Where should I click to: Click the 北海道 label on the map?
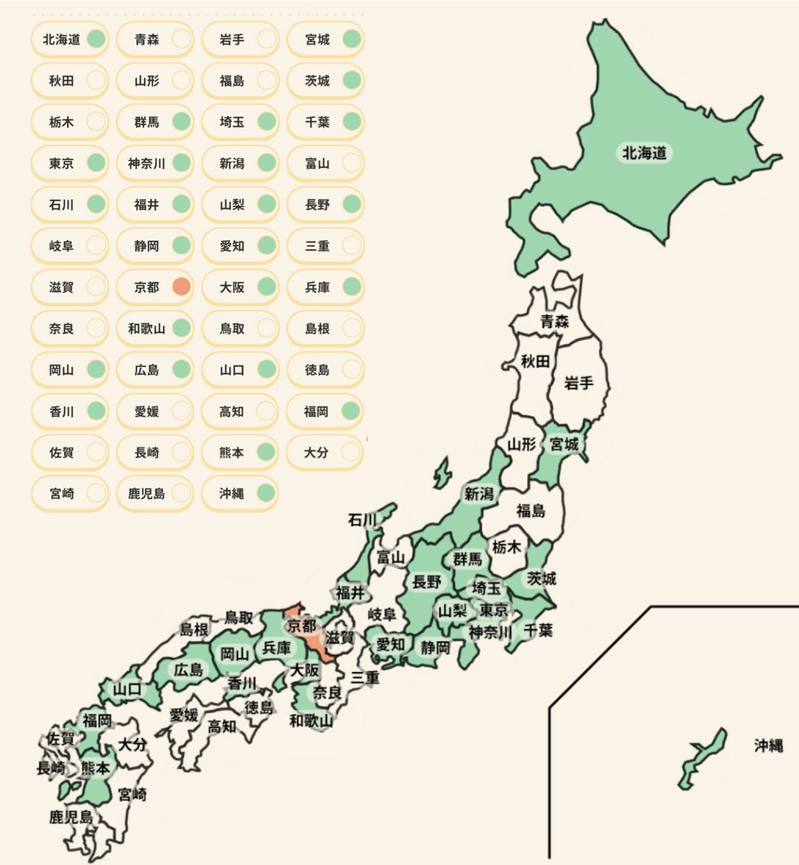coord(644,153)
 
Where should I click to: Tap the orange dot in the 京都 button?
coord(181,287)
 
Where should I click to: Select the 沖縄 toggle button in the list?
coord(239,494)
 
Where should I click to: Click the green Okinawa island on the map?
coord(702,757)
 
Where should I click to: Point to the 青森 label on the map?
coord(555,321)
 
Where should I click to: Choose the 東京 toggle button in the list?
coord(69,164)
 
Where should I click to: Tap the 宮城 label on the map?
coord(565,445)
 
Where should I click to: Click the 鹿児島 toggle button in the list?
coord(154,494)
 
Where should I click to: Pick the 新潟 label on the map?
coord(479,494)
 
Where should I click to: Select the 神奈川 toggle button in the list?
coord(154,164)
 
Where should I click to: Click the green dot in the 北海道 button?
coord(95,40)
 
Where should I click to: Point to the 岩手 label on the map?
coord(578,383)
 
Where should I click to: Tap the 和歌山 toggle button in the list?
coord(154,329)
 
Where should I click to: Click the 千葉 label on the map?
coord(538,630)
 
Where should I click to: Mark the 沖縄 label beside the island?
coord(768,745)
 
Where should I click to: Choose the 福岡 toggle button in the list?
coord(325,412)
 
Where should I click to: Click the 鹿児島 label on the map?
coord(71,817)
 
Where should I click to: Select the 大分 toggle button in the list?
coord(325,453)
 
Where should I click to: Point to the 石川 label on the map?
coord(363,520)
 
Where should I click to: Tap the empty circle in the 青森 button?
coord(181,40)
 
